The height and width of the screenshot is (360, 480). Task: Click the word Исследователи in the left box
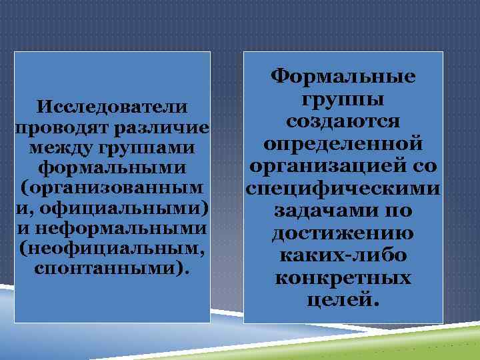pos(112,107)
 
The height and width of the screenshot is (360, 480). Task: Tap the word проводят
pos(55,127)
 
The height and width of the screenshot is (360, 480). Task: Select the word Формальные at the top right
pos(343,78)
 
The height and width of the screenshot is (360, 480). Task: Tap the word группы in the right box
pos(343,101)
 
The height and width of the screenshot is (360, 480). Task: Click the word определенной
pos(343,144)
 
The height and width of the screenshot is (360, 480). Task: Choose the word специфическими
pos(343,189)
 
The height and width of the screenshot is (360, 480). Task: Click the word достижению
pos(343,233)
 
